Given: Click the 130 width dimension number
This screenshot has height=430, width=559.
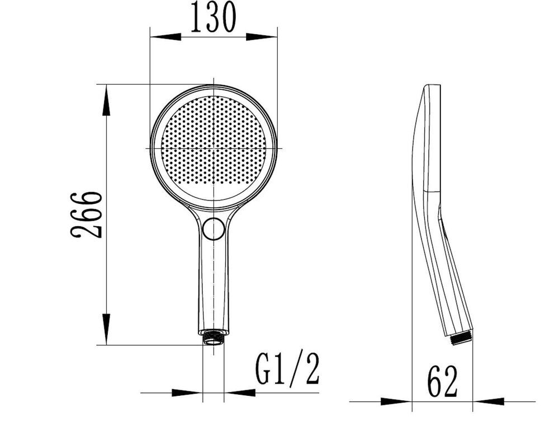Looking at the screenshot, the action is click(x=214, y=17).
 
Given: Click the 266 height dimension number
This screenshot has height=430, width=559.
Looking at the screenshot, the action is click(x=86, y=215).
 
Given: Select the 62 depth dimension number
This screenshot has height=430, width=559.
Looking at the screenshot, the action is click(x=442, y=381).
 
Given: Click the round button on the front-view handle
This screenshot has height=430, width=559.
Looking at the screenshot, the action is click(x=214, y=228).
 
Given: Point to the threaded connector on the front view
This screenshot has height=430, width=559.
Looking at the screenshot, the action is click(x=214, y=338).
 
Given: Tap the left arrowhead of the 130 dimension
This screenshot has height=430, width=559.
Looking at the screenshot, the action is click(x=166, y=36).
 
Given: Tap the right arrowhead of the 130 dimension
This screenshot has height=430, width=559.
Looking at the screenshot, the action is click(x=262, y=36).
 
